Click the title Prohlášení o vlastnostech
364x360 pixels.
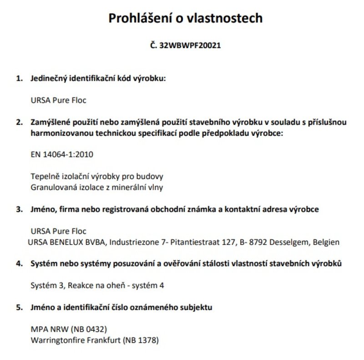tap(185, 18)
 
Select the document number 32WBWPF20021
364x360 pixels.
tap(191, 46)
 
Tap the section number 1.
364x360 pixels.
tap(19, 78)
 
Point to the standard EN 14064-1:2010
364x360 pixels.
tap(61, 154)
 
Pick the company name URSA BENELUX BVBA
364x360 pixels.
tap(67, 242)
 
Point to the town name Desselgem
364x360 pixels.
tap(289, 242)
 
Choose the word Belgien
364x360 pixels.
tap(326, 242)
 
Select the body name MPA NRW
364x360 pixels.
tap(46, 329)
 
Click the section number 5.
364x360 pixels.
tap(19, 308)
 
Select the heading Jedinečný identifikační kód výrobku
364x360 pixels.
tap(98, 78)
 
